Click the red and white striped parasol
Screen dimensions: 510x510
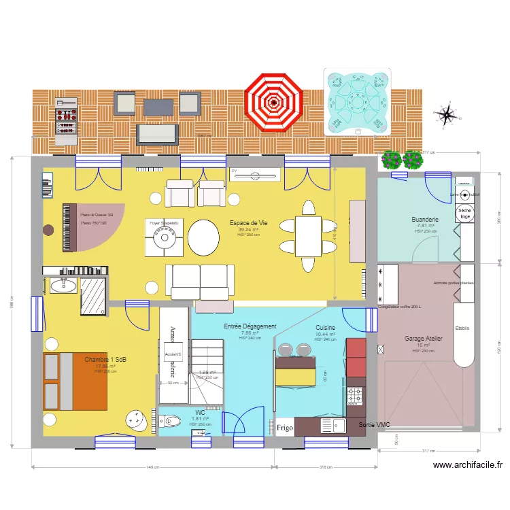273,103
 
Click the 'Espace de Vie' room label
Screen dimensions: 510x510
248,223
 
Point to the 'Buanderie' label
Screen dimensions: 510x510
426,220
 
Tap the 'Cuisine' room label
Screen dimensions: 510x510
325,328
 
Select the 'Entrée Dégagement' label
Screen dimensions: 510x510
250,326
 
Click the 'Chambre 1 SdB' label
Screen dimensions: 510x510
105,359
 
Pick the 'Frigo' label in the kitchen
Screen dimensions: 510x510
285,428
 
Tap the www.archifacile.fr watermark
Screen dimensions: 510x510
467,465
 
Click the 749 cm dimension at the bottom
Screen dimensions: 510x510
152,467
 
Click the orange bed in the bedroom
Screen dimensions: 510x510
75,381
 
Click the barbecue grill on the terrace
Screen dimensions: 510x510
66,119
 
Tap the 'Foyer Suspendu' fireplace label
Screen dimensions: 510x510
164,223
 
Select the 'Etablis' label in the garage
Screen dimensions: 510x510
462,328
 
